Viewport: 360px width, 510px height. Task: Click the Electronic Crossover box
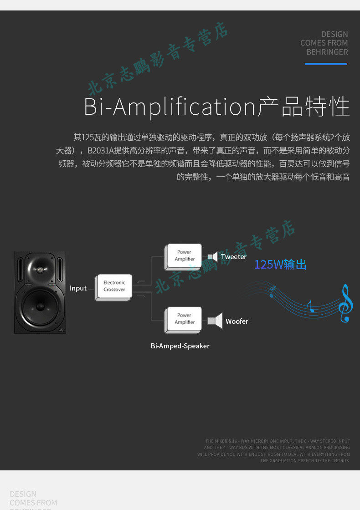click(x=114, y=286)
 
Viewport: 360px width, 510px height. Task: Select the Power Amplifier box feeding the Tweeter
click(x=184, y=256)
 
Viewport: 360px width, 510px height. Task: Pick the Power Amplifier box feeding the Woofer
click(x=184, y=319)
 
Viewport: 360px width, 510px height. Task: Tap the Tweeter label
click(x=234, y=257)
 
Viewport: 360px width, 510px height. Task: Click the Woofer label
click(x=237, y=321)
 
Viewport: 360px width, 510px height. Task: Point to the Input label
click(x=78, y=288)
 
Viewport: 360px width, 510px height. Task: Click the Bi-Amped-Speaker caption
click(x=180, y=346)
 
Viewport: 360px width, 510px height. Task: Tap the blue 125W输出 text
click(x=280, y=265)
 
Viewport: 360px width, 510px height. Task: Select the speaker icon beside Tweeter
click(x=213, y=257)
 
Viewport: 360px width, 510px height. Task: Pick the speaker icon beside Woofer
click(x=215, y=321)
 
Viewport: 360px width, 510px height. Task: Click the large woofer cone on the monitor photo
click(x=40, y=306)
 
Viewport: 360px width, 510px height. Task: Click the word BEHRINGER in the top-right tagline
click(x=327, y=52)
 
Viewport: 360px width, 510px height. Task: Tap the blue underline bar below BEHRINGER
click(x=326, y=64)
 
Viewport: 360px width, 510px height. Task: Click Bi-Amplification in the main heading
click(x=170, y=107)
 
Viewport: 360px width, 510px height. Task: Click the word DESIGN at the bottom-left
click(x=23, y=494)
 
